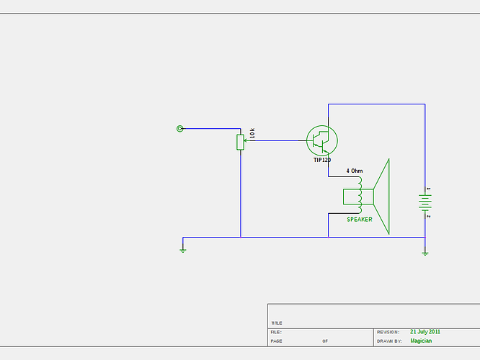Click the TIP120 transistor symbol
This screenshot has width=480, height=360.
coord(321,140)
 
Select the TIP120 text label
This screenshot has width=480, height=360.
coord(321,160)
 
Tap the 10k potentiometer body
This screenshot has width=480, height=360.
coord(240,142)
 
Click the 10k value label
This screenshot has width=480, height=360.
coord(252,133)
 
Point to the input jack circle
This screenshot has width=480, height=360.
coord(180,129)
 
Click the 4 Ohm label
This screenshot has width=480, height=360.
coord(355,171)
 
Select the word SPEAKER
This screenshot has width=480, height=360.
coord(360,220)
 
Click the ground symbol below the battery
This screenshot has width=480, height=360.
coord(425,253)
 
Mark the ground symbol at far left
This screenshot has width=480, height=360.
coord(183,250)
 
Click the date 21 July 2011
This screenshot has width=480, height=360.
coord(425,332)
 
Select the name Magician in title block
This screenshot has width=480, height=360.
coord(421,341)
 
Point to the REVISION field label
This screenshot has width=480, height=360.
coord(388,332)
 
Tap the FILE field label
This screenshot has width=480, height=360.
coord(275,332)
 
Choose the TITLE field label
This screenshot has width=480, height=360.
coord(277,323)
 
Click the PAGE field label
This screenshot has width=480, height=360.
coord(276,341)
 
